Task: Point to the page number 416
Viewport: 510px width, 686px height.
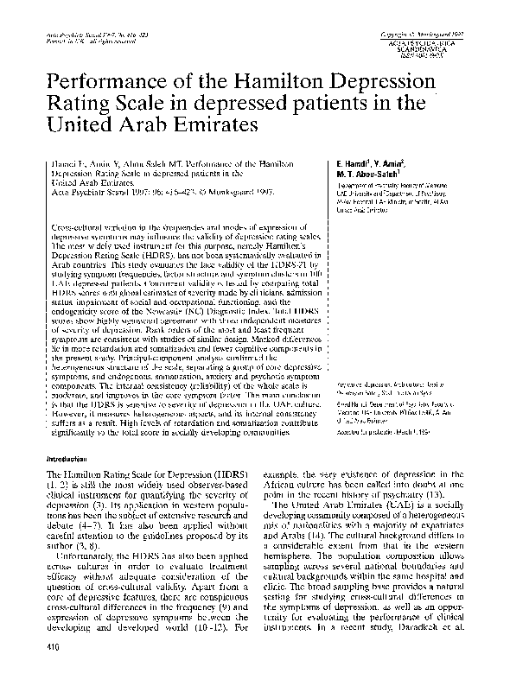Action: (x=39, y=669)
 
